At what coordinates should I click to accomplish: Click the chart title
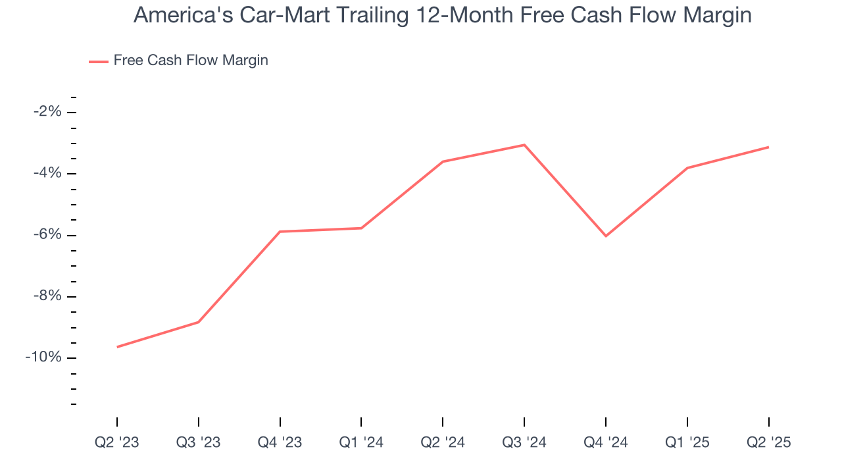click(x=442, y=15)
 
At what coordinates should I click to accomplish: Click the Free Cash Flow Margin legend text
click(x=191, y=61)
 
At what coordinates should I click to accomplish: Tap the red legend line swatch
click(x=99, y=61)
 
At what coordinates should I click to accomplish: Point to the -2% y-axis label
click(x=47, y=112)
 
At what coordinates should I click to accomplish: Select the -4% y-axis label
click(x=47, y=173)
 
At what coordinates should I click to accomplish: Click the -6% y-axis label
click(x=47, y=235)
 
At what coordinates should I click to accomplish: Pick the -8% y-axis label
click(x=47, y=296)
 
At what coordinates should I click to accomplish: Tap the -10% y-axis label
click(x=44, y=357)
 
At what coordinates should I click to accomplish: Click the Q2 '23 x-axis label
click(x=117, y=443)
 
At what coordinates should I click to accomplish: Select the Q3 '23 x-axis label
click(x=199, y=443)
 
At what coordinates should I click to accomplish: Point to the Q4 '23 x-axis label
click(x=280, y=443)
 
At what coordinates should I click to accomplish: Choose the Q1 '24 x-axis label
click(x=361, y=443)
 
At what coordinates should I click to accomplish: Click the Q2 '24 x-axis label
click(x=443, y=443)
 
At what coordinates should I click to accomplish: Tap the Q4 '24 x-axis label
click(x=606, y=443)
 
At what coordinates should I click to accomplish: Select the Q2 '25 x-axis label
click(x=768, y=443)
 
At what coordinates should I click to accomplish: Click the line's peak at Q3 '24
click(x=524, y=145)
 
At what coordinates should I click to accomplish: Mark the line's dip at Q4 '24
click(x=606, y=236)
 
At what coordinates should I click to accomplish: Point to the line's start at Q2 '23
click(x=117, y=347)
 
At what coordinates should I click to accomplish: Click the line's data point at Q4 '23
click(x=280, y=232)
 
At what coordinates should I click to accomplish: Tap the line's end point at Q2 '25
click(x=768, y=147)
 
